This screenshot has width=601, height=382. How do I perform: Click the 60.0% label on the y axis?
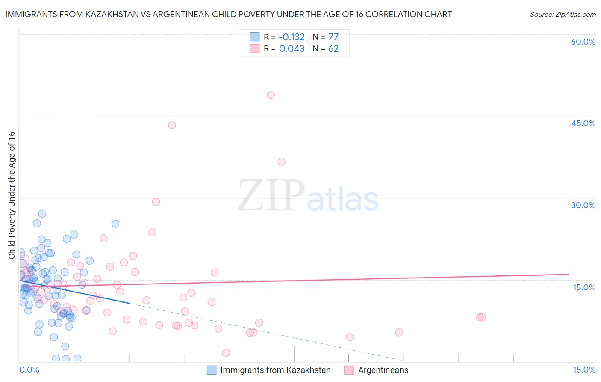pyautogui.click(x=583, y=42)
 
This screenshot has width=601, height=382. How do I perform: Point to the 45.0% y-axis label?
pyautogui.click(x=583, y=123)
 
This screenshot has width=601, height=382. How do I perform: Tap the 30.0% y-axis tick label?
pyautogui.click(x=583, y=205)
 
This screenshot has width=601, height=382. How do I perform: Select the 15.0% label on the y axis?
pyautogui.click(x=584, y=287)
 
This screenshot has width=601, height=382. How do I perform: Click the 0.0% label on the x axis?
pyautogui.click(x=29, y=370)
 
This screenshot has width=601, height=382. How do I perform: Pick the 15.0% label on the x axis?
pyautogui.click(x=584, y=370)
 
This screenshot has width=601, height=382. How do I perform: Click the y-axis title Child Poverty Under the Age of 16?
pyautogui.click(x=12, y=195)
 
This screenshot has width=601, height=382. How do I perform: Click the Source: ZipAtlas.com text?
pyautogui.click(x=563, y=15)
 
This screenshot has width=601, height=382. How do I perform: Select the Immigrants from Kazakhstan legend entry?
pyautogui.click(x=275, y=370)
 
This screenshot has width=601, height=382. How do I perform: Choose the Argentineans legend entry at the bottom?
pyautogui.click(x=383, y=370)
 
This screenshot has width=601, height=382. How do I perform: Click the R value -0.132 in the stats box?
pyautogui.click(x=292, y=37)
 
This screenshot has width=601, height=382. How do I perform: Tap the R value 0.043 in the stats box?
pyautogui.click(x=292, y=49)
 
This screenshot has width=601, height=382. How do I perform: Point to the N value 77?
pyautogui.click(x=333, y=37)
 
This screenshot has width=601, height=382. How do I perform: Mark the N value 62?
pyautogui.click(x=333, y=49)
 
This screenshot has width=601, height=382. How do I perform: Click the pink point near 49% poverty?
pyautogui.click(x=271, y=95)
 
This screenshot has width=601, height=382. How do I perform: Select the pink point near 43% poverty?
pyautogui.click(x=172, y=125)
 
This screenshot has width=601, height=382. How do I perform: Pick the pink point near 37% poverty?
pyautogui.click(x=281, y=162)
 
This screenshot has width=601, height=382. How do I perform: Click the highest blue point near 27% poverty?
pyautogui.click(x=42, y=214)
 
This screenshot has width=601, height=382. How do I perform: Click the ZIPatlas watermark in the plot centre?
pyautogui.click(x=308, y=196)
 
